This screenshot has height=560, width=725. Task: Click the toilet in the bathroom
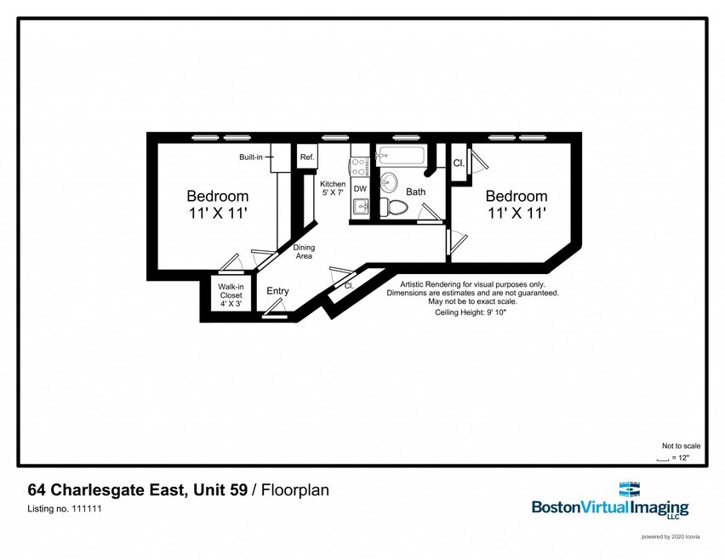(394, 206)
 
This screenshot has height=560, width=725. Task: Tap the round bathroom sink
(390, 182)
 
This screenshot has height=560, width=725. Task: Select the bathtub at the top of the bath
(401, 157)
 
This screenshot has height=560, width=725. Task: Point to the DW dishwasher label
(360, 189)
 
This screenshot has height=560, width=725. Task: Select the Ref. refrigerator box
(306, 157)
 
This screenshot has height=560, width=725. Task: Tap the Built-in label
(251, 157)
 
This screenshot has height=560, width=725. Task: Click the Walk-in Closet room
(230, 295)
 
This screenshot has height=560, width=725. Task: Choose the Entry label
(277, 291)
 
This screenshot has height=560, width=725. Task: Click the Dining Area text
(304, 252)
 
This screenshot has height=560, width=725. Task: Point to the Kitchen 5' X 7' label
(333, 189)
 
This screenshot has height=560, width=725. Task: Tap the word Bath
(415, 192)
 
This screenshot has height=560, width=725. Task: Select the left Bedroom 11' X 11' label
(218, 204)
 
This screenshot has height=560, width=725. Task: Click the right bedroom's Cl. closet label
(458, 163)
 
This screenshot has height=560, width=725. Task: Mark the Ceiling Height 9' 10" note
(471, 313)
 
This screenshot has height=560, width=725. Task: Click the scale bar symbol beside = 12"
(662, 458)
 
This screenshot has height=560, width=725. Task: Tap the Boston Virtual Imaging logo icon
(629, 490)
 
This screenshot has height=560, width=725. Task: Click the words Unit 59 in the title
(220, 490)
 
